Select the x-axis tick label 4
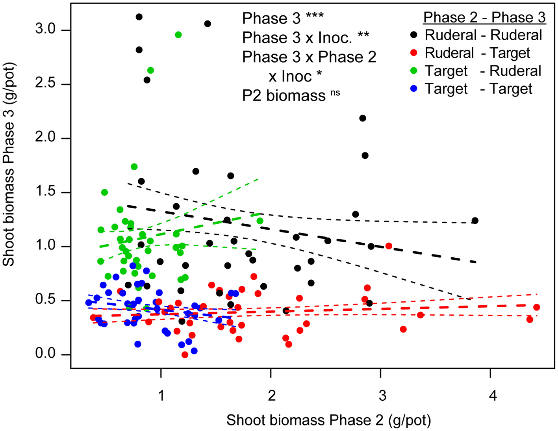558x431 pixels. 493,395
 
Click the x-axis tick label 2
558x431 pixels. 272,395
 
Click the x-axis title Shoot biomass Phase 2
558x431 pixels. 328,420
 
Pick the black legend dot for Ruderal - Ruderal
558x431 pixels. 413,35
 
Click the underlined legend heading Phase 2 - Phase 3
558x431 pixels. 484,17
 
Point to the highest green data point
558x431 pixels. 178,35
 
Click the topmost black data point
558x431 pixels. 139,17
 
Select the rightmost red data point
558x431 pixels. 536,307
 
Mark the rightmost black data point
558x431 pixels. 475,221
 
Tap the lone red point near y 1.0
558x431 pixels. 389,246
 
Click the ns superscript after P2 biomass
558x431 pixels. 335,93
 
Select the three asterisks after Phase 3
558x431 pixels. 315,17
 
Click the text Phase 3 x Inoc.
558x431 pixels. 297,38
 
